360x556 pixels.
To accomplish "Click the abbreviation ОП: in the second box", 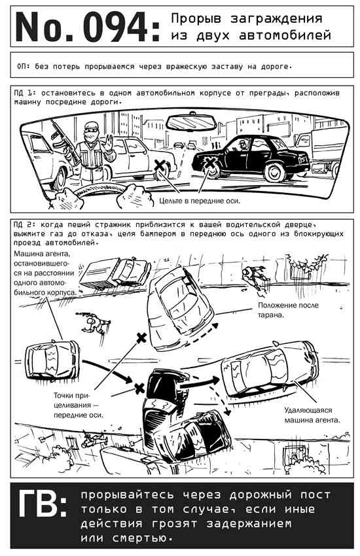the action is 24,66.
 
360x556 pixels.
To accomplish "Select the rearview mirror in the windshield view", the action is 191,123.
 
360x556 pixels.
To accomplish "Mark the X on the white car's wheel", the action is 160,165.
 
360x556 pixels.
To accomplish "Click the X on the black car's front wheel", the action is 210,162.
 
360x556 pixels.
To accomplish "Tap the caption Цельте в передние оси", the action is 200,201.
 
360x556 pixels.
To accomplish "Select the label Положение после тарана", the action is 288,309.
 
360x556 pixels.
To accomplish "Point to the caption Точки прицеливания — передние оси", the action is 78,405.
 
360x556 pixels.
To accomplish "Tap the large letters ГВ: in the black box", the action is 42,504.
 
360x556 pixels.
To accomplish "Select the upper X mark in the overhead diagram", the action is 141,338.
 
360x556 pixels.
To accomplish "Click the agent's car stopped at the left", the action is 52,360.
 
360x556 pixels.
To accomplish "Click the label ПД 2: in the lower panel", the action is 25,224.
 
